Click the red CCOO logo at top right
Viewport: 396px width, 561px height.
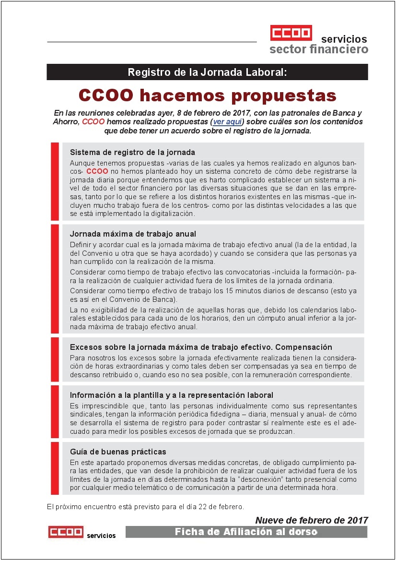point(291,33)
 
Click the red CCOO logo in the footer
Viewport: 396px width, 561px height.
point(66,532)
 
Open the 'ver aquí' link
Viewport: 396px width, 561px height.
point(227,121)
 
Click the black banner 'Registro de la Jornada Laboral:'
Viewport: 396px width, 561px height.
point(207,72)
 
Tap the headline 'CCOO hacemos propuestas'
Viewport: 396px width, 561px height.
point(207,95)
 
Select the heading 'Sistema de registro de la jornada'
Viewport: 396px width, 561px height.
point(132,152)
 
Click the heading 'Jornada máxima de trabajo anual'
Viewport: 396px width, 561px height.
point(133,234)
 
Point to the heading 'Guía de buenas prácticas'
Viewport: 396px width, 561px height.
point(118,452)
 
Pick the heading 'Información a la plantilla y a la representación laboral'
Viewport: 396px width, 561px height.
point(171,395)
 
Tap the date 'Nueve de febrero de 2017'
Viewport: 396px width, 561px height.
point(312,520)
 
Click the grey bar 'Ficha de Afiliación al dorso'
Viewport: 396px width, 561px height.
point(246,532)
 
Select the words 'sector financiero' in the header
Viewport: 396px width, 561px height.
point(319,49)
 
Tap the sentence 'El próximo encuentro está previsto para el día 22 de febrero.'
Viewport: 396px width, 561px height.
point(145,507)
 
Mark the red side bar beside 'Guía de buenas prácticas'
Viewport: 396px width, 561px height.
point(55,468)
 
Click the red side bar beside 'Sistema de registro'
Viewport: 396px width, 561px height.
point(55,181)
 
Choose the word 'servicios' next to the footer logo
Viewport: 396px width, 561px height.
point(101,535)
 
